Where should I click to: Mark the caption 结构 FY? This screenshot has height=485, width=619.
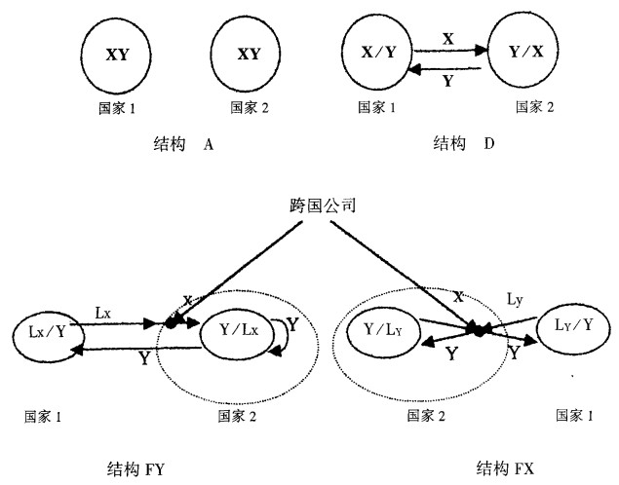139,467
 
